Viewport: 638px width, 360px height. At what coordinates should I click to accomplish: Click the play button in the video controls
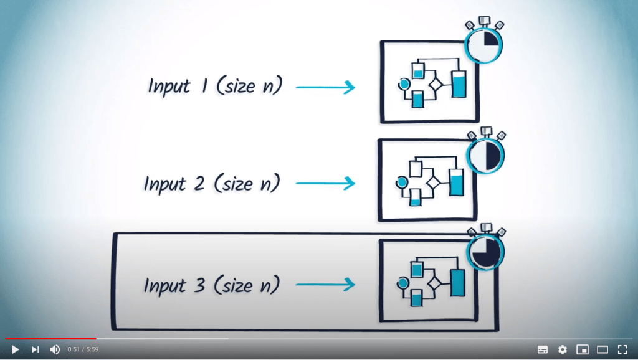coord(15,349)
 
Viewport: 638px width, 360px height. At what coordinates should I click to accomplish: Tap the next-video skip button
coord(35,349)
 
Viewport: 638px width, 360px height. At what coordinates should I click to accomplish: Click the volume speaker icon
coord(55,349)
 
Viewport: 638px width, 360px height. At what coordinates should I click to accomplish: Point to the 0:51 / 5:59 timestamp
coord(83,349)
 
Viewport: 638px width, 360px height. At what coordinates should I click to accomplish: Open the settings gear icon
coord(563,349)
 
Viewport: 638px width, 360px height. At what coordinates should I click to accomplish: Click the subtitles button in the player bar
coord(543,349)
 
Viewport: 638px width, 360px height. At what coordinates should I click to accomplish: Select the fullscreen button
coord(622,349)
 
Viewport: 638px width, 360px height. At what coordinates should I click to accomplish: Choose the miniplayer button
coord(583,349)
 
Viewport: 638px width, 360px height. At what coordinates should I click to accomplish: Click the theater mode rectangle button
coord(602,349)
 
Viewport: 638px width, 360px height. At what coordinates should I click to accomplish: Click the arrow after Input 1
coord(325,87)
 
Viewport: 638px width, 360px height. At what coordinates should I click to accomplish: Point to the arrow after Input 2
coord(325,183)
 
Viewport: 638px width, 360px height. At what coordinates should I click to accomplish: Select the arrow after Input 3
coord(325,285)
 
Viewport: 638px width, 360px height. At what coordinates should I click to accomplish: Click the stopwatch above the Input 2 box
coord(485,153)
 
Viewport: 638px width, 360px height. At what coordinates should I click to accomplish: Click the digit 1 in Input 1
coord(203,85)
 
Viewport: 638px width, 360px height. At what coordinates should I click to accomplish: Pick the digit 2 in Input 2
coord(200,183)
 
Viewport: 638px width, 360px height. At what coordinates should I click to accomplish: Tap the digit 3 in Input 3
coord(200,285)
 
